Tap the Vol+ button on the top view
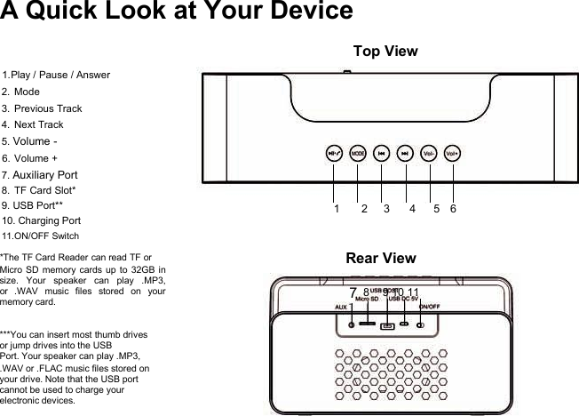(452, 152)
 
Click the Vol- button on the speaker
(429, 152)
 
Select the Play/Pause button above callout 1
(333, 152)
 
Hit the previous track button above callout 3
(381, 152)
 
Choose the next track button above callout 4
(405, 152)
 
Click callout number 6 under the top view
(453, 210)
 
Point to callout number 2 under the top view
(364, 210)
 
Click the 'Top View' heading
(385, 51)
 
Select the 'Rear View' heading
(380, 259)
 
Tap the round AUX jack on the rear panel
(353, 324)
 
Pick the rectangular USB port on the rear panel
(386, 326)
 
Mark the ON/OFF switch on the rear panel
(420, 324)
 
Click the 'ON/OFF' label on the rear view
(429, 307)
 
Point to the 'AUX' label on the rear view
(341, 307)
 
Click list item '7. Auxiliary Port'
(40, 174)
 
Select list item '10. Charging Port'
(42, 220)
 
